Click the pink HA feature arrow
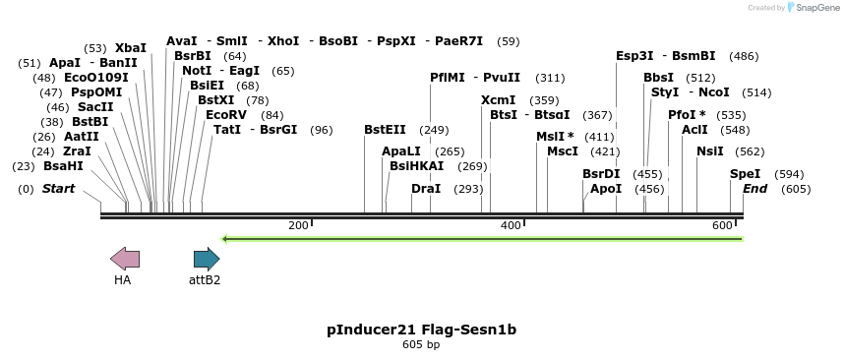tap(125, 260)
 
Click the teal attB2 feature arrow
tap(207, 260)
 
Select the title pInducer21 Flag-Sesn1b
tap(421, 330)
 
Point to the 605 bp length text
tap(421, 345)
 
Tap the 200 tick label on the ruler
tap(298, 225)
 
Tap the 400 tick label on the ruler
tap(511, 225)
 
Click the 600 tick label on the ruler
tap(722, 225)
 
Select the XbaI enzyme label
tap(130, 47)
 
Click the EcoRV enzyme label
tap(225, 114)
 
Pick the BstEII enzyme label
tap(385, 129)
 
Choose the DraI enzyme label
tap(425, 188)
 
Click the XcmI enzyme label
tap(498, 99)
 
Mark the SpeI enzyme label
tap(745, 173)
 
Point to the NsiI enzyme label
tap(709, 150)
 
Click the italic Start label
tap(58, 188)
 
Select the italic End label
tap(754, 188)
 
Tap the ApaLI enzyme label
tap(401, 150)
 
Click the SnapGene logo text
tap(813, 8)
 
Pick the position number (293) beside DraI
tap(468, 188)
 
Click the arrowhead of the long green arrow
tap(226, 238)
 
